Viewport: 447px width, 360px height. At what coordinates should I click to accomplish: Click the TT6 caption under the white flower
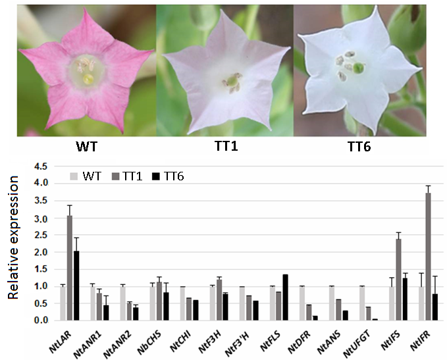click(357, 147)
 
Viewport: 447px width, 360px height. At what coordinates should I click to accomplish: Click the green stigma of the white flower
click(358, 68)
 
